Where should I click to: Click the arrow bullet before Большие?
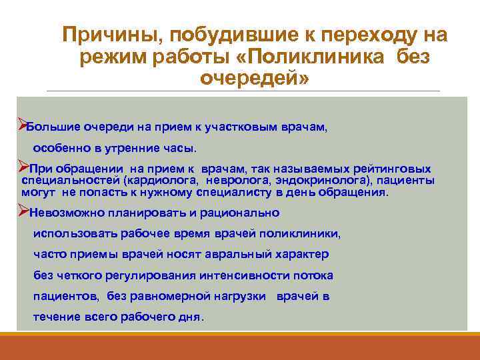coord(21,125)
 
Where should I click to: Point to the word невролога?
coord(235,180)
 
